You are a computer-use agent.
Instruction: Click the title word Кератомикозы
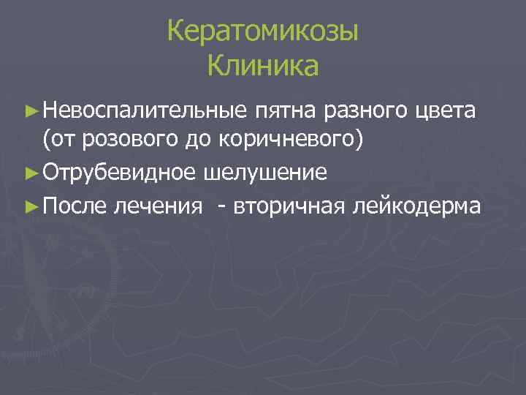click(262, 32)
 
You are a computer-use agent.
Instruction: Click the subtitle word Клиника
click(262, 67)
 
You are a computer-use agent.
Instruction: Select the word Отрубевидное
click(119, 174)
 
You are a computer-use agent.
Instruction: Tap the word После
click(76, 206)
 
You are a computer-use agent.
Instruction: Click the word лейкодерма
click(417, 206)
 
